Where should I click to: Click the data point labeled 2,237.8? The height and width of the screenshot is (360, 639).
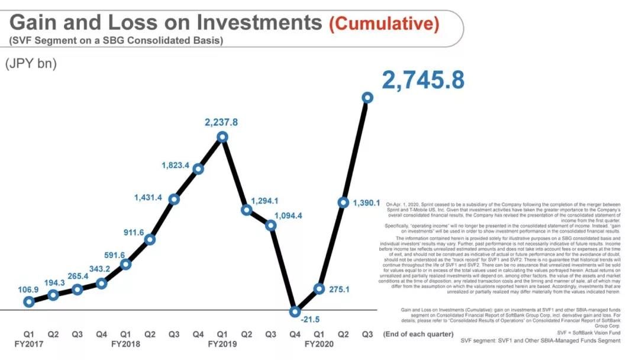tap(222, 137)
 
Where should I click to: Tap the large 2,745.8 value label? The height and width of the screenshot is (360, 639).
tap(422, 80)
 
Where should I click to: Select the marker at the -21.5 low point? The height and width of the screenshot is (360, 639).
tap(295, 311)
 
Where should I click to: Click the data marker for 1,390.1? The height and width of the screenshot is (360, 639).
tap(343, 202)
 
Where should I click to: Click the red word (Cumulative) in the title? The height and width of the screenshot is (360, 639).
tap(385, 24)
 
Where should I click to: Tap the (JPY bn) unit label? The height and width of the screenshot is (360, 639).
tap(31, 64)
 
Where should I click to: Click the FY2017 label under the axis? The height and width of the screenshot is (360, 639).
tap(29, 344)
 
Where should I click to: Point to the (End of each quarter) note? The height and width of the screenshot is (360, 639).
tap(421, 334)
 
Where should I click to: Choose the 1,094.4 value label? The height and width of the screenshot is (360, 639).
tap(285, 216)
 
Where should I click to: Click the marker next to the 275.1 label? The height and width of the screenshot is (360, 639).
tap(319, 288)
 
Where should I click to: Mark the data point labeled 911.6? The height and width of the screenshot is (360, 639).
tap(150, 239)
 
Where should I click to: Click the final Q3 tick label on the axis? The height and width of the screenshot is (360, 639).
tap(367, 334)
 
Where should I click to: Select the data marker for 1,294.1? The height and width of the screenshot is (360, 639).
tap(247, 210)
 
